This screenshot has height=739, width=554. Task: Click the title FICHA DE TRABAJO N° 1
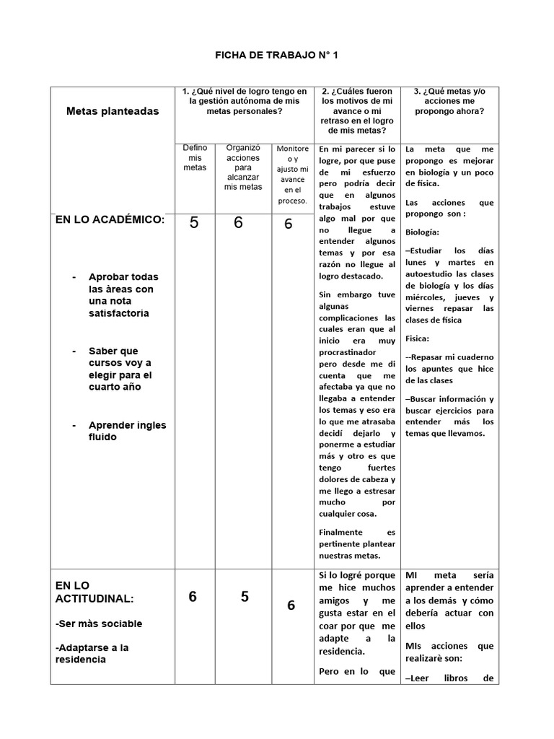277,55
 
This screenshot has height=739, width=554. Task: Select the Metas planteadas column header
113,111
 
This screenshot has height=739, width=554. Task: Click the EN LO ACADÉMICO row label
110,219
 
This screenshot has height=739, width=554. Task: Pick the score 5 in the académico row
194,223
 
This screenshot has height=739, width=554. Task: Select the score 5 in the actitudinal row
245,597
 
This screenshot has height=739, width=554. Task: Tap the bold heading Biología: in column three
422,232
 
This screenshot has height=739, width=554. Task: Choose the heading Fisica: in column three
418,338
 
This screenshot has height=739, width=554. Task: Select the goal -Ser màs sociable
99,624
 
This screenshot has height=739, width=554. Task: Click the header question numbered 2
357,111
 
